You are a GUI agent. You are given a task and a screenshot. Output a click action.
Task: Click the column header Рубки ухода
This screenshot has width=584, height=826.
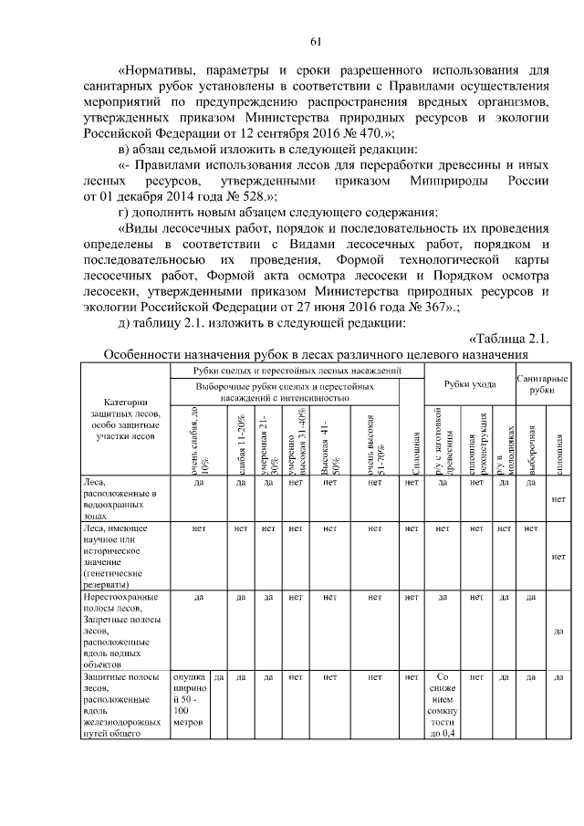tap(470, 386)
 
